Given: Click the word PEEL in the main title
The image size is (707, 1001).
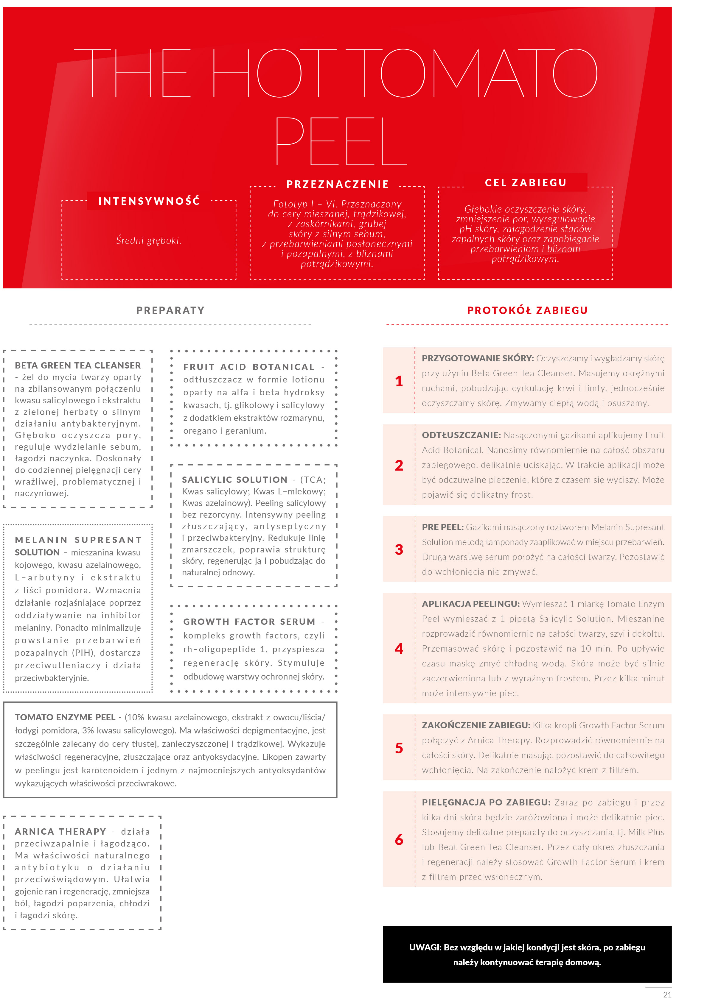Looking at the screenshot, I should (x=341, y=141).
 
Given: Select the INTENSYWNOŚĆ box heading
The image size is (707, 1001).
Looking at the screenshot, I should (x=149, y=201).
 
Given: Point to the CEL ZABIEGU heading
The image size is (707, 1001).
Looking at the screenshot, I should (x=526, y=183).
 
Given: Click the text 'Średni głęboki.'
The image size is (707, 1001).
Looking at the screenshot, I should (x=148, y=240).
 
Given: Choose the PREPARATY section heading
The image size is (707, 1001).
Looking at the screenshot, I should (x=170, y=310).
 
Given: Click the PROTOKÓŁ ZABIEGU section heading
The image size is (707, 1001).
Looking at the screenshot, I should (x=527, y=310).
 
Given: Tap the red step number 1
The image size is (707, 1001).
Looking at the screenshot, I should (x=399, y=381).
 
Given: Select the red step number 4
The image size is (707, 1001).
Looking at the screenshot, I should (x=399, y=648).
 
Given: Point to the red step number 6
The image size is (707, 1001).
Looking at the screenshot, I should (x=399, y=839).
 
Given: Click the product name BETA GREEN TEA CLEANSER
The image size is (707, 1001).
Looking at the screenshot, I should (x=78, y=365).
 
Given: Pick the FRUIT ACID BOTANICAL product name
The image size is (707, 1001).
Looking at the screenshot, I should (x=249, y=367).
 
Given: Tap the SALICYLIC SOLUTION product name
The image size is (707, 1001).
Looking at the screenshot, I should (x=234, y=480).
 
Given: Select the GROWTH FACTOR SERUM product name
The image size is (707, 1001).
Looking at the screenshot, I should (x=249, y=622).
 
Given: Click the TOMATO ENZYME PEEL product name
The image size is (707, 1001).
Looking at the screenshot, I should (x=65, y=717).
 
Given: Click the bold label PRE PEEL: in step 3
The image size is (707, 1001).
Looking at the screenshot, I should (x=442, y=527).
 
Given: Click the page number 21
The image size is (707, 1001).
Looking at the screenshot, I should (x=667, y=994).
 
